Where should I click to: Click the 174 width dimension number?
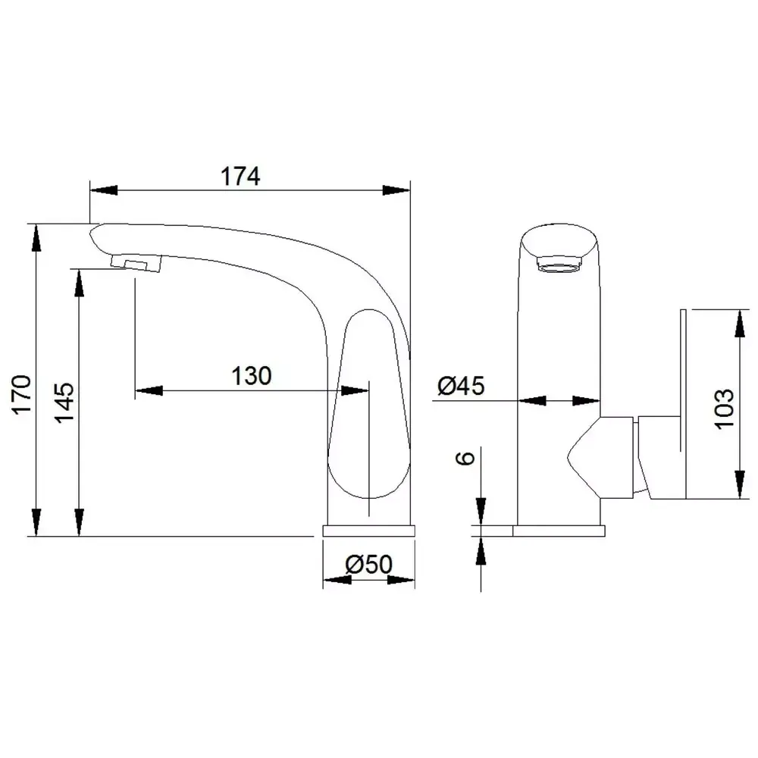pos(240,177)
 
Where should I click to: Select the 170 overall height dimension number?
pos(22,394)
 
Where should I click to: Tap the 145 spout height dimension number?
pos(64,402)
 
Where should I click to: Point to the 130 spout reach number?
pos(252,376)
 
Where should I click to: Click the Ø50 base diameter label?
pos(369,564)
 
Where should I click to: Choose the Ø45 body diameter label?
pos(461,386)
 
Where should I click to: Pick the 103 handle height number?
pos(724,409)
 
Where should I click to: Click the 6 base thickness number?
pos(465,458)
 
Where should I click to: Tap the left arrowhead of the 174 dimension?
pos(103,190)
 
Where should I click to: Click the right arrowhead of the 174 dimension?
pos(396,190)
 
